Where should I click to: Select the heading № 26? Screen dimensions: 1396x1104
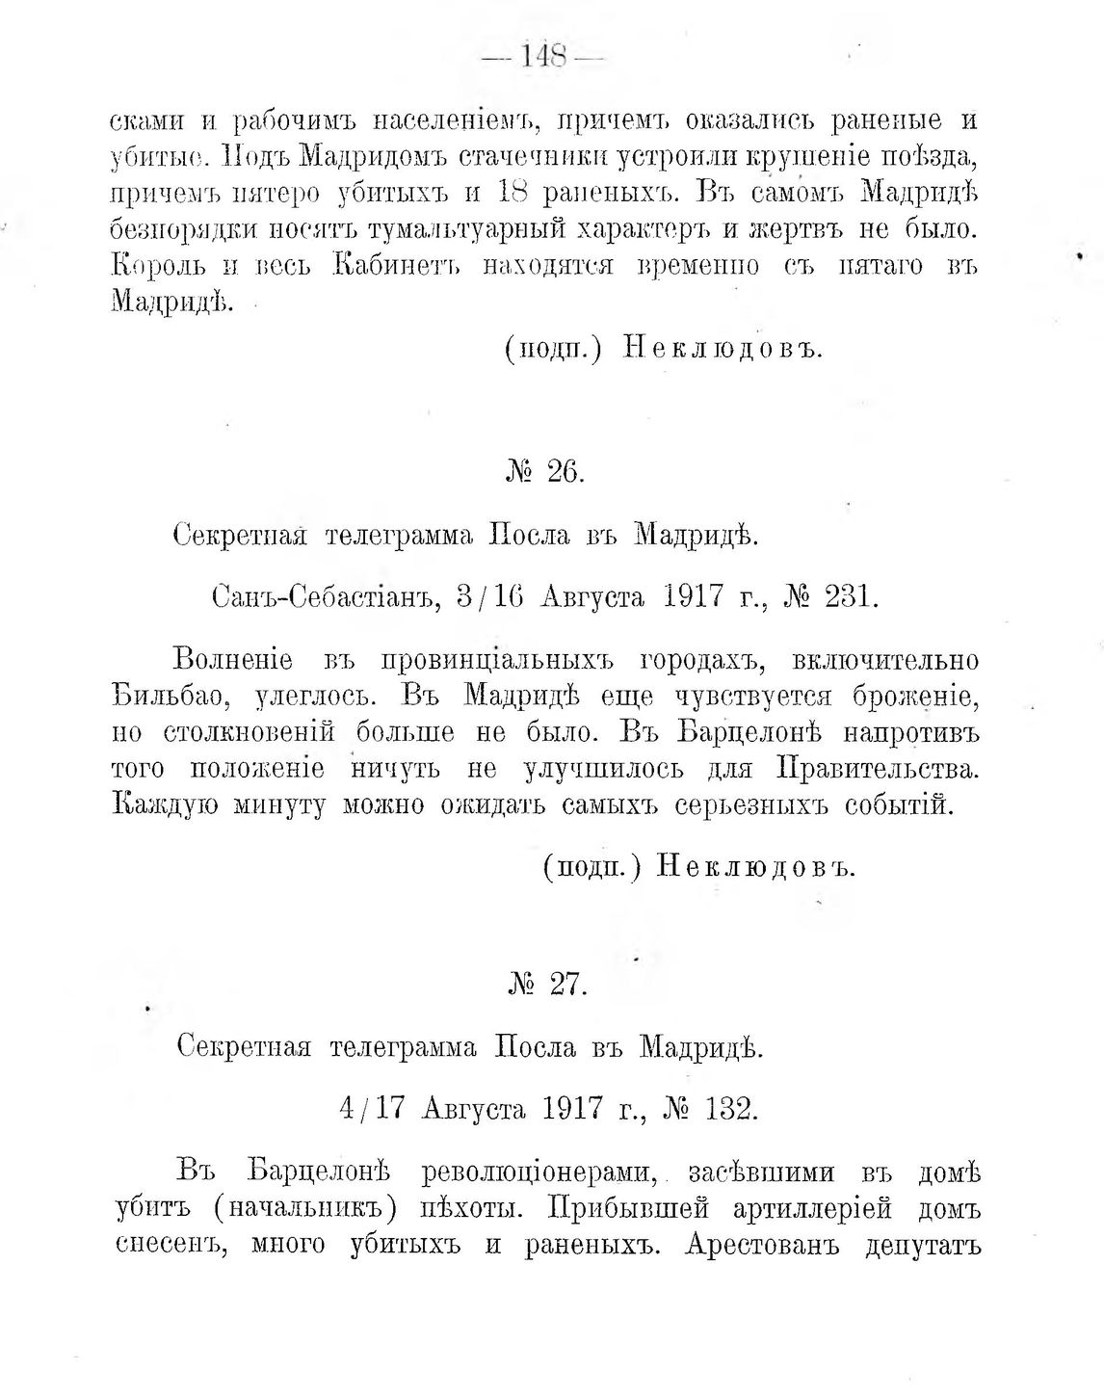click(545, 473)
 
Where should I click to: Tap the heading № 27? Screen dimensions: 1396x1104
click(546, 986)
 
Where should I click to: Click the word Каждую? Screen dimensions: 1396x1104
click(165, 805)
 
